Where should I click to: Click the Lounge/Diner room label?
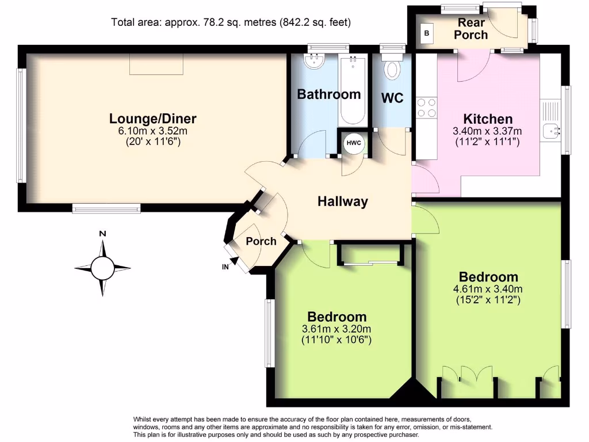click(153, 119)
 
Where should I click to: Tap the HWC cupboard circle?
click(353, 143)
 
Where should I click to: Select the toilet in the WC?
click(393, 69)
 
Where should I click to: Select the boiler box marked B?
click(426, 33)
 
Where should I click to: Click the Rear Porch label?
click(471, 29)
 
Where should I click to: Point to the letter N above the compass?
click(102, 234)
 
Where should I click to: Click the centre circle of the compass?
click(102, 268)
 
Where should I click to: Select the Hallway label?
click(342, 201)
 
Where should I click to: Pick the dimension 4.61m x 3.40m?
click(488, 289)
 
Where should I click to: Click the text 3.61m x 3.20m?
click(336, 329)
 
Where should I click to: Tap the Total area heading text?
click(231, 22)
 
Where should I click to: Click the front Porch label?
click(261, 241)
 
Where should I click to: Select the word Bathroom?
click(328, 94)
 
